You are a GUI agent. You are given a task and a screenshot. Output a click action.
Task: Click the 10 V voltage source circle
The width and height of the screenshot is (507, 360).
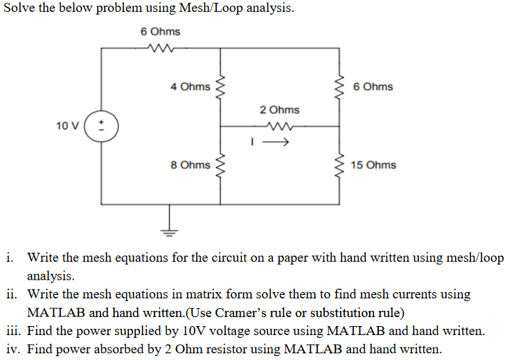(102, 127)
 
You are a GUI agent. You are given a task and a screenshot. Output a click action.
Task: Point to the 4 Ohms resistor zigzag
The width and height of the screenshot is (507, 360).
(220, 87)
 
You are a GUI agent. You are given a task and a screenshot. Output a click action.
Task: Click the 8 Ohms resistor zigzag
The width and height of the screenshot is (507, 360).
(220, 165)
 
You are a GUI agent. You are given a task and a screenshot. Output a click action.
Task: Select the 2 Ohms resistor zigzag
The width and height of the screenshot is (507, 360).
(280, 126)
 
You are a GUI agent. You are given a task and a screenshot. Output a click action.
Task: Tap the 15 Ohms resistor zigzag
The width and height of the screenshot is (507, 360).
(339, 165)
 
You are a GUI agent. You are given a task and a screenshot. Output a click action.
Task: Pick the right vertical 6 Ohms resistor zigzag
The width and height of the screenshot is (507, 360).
(339, 87)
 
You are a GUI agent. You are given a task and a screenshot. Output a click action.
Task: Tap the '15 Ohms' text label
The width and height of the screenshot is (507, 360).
(373, 165)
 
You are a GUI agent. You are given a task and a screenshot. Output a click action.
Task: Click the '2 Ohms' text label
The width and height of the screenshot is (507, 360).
(280, 109)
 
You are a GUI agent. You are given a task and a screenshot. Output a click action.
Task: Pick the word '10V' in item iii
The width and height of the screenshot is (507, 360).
(175, 330)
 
